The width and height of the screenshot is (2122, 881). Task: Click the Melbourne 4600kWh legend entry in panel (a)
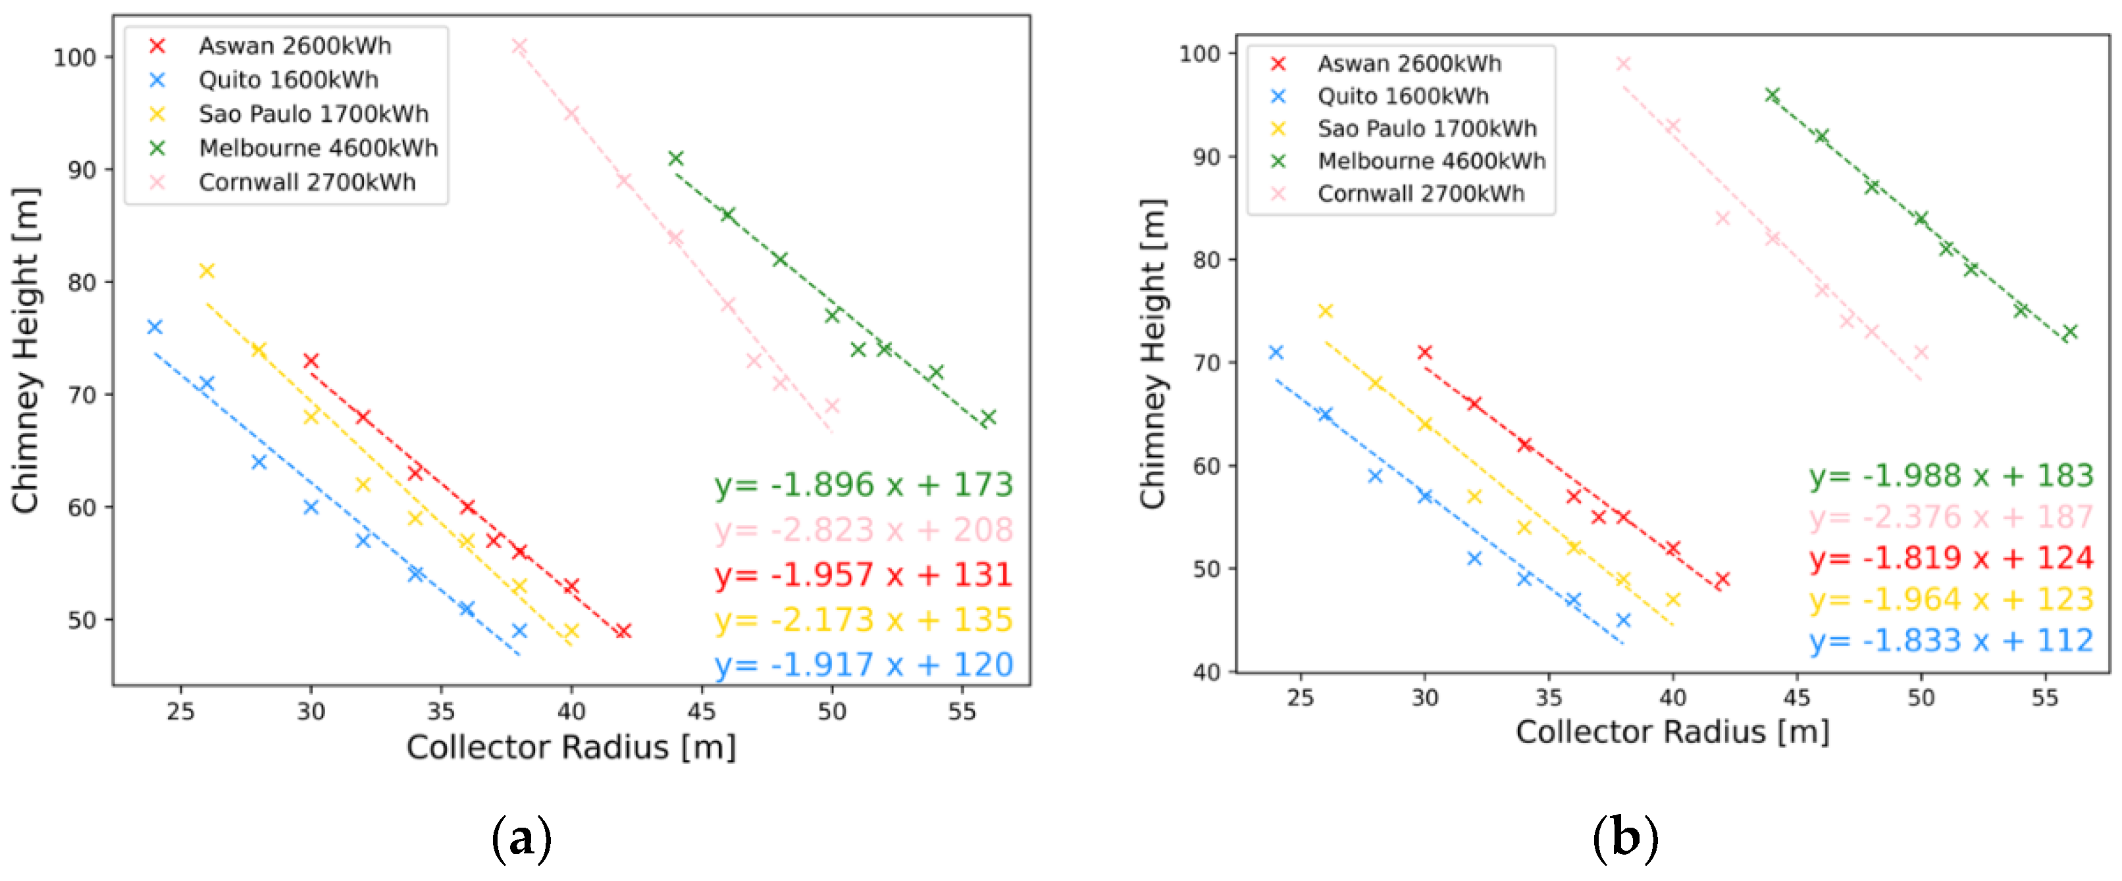(x=317, y=148)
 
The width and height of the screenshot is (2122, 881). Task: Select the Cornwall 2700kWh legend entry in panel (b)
(x=1420, y=193)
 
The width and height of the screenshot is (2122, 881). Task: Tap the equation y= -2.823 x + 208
(x=864, y=530)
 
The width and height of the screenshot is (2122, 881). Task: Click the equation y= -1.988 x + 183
(x=1951, y=476)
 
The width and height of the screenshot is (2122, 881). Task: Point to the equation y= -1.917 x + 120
(x=864, y=665)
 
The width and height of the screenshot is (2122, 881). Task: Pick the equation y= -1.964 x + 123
(x=1951, y=599)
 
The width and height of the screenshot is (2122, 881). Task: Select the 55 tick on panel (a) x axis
(x=962, y=711)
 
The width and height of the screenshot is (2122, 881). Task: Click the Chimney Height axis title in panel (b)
(x=1153, y=354)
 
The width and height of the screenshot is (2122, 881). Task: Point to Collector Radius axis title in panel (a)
(x=571, y=747)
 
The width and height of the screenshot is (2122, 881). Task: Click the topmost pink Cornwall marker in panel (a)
(x=519, y=46)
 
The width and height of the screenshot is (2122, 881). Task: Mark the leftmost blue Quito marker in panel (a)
(x=154, y=327)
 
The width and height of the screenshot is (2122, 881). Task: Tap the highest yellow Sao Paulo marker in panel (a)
(x=207, y=271)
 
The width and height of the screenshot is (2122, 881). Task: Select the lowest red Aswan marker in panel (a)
(x=623, y=631)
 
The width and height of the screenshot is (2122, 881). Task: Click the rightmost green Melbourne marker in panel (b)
(x=2069, y=332)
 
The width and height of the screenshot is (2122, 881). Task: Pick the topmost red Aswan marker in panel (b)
(x=1424, y=353)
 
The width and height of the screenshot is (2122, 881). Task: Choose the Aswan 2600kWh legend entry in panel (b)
(x=1409, y=63)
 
